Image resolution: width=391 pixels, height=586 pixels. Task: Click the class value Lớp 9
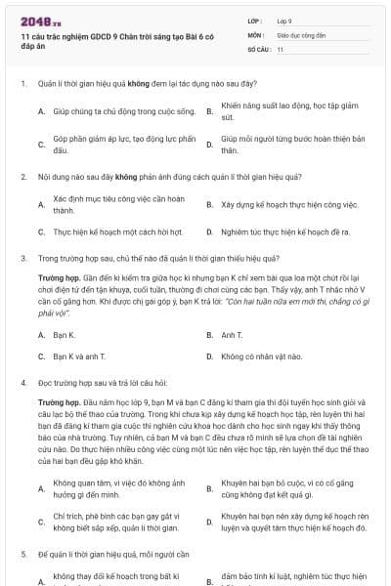point(285,20)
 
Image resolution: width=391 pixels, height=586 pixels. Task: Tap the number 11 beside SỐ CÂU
point(281,48)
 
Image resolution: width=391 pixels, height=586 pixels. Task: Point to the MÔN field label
point(255,33)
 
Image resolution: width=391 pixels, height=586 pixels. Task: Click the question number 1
point(22,84)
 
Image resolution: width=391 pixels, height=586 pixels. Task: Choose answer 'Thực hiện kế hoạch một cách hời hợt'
point(117,232)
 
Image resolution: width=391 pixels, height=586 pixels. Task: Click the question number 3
point(22,259)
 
